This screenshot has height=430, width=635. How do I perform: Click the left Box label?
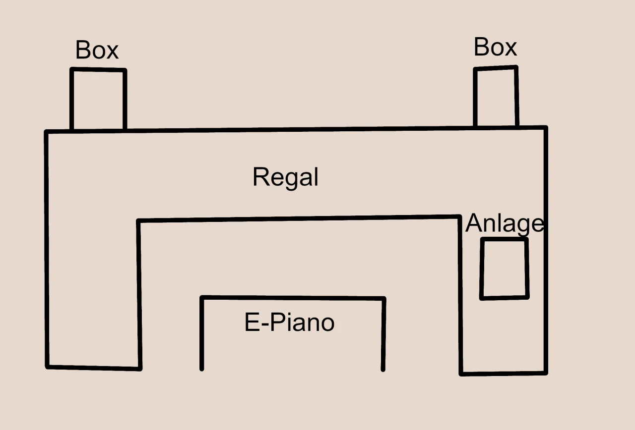coord(97,50)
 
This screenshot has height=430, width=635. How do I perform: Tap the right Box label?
coord(495,47)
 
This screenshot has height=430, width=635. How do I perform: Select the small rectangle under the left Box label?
coord(98,100)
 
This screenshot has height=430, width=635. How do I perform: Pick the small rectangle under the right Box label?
coord(496,97)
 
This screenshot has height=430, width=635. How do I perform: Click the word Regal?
coord(285,177)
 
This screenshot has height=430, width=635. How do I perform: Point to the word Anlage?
coord(505,223)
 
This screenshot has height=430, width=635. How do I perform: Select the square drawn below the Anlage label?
coord(504,269)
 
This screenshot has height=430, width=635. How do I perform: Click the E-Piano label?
coord(289,322)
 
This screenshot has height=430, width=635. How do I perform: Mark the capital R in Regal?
coord(260,177)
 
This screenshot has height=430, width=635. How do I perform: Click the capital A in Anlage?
coord(474,223)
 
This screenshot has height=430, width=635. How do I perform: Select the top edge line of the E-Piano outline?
coord(293,298)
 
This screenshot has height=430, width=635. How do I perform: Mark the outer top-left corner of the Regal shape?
coord(47,132)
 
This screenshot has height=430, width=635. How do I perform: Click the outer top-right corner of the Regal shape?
coord(546,128)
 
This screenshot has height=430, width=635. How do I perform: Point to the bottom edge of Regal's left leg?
coord(93,368)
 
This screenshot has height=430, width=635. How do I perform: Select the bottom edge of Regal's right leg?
coord(503,373)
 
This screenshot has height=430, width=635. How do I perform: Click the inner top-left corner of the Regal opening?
coord(138,221)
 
